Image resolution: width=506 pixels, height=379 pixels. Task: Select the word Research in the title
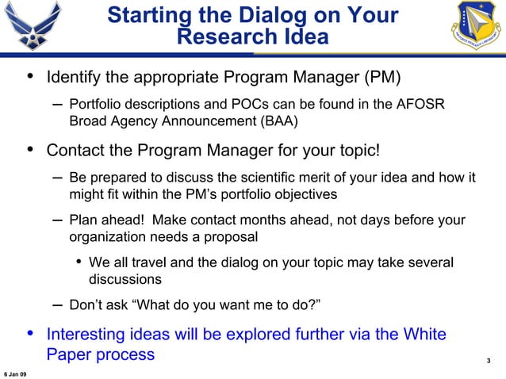(x=224, y=37)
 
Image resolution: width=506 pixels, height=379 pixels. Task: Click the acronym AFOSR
(x=426, y=105)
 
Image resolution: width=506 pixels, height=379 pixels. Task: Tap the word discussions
(x=125, y=280)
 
